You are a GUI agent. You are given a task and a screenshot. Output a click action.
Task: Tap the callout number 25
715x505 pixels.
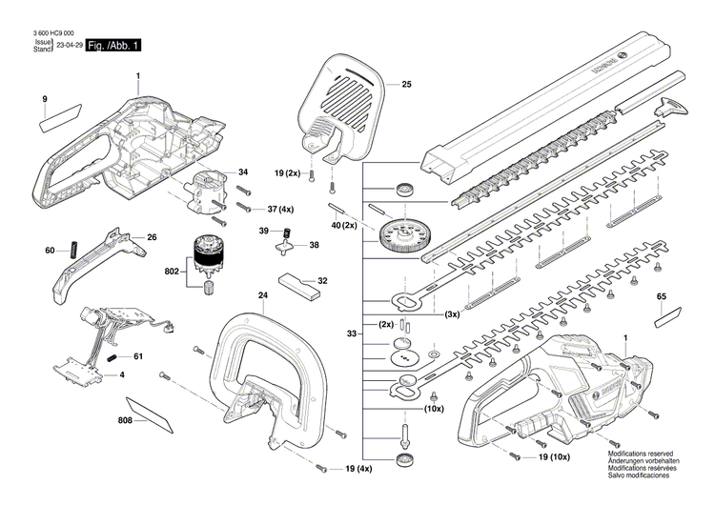tap(406, 86)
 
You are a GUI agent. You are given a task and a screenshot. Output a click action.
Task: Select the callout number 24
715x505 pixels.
tap(262, 296)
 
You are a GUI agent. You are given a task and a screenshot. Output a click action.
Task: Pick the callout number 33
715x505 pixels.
tap(352, 333)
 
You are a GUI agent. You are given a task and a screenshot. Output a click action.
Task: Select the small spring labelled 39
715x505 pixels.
tap(283, 233)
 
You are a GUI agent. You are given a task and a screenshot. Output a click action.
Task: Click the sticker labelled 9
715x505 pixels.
tap(54, 122)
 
